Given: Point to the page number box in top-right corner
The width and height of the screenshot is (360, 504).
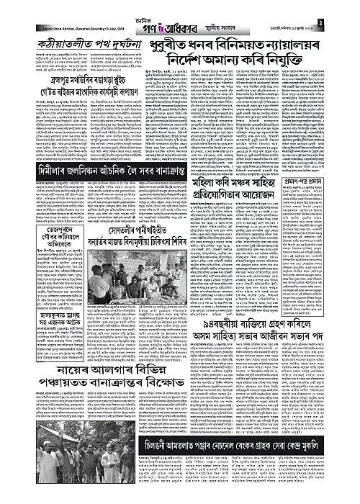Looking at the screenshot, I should tap(352, 9).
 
